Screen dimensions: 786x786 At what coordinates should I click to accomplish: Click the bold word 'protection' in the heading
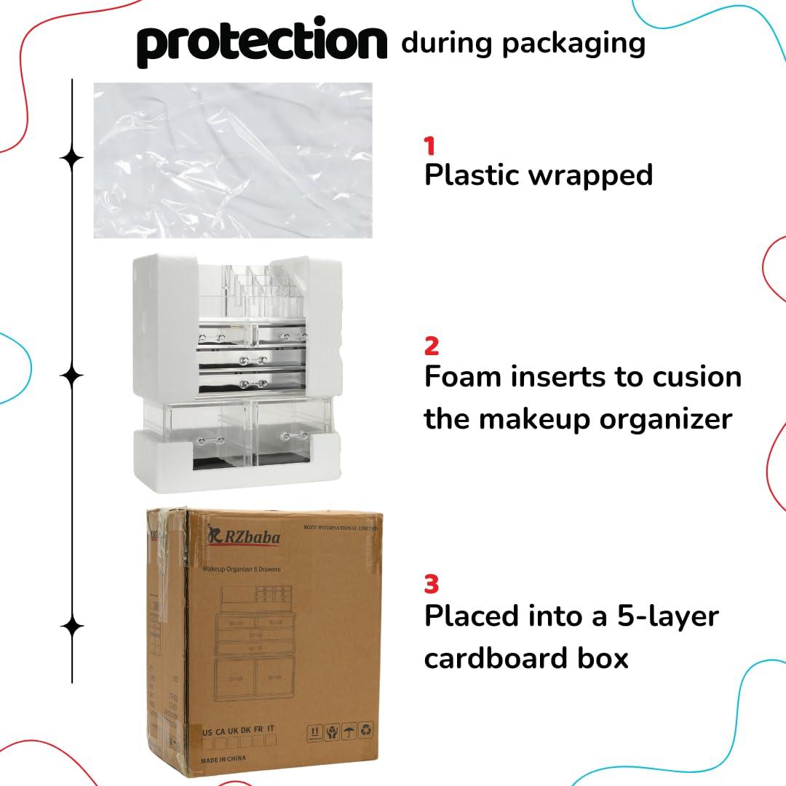click(262, 44)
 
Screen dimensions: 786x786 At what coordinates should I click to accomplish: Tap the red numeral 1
click(430, 146)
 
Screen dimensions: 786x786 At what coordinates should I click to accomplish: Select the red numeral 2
click(432, 346)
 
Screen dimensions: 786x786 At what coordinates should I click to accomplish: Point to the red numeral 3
click(432, 584)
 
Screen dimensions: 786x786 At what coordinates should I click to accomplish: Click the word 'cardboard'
click(505, 658)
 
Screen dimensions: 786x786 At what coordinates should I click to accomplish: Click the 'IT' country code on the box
click(271, 729)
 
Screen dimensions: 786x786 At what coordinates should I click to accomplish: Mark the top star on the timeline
click(71, 159)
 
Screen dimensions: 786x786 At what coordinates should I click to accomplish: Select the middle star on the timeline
click(71, 376)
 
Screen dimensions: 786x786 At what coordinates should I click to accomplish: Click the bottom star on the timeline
click(71, 626)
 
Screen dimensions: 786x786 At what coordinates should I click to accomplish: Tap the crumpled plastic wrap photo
click(233, 160)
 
